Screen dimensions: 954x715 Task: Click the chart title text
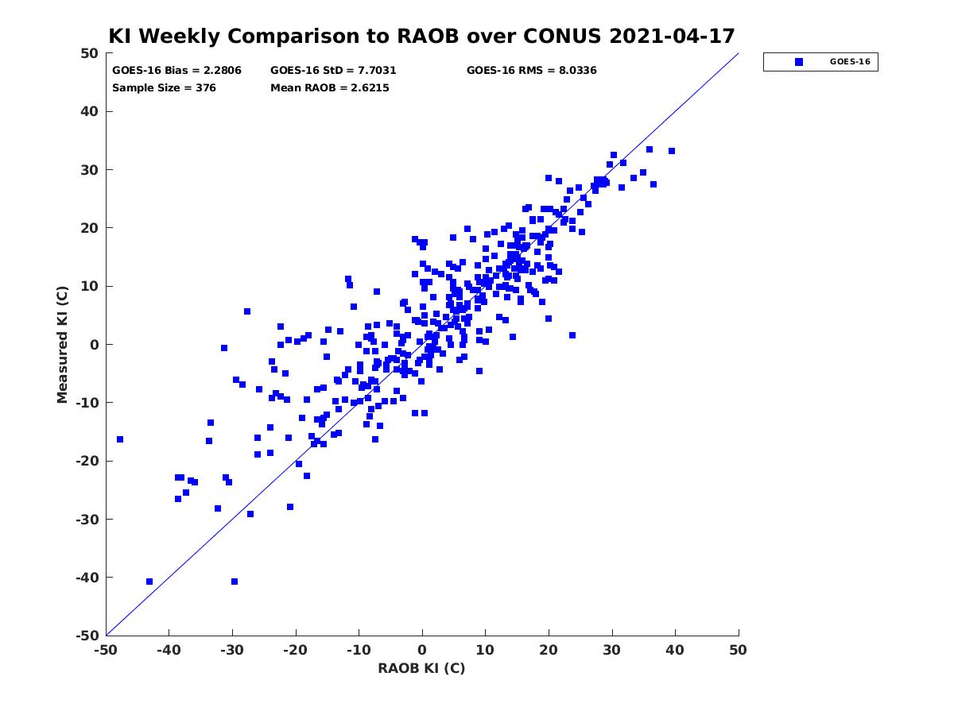(421, 36)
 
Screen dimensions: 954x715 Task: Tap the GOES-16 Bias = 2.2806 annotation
(176, 71)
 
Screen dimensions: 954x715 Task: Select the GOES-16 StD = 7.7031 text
(333, 71)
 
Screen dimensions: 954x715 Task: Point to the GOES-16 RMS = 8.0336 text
(531, 71)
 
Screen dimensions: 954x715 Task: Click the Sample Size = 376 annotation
(164, 87)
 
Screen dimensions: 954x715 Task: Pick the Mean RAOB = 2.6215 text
(329, 87)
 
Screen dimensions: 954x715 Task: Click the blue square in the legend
(799, 62)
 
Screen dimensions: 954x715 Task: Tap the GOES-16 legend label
(850, 62)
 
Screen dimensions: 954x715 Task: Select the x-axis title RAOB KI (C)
(421, 668)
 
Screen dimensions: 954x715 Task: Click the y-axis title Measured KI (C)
(62, 344)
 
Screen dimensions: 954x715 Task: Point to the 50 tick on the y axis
(90, 53)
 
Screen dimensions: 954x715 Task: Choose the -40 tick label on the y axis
(87, 578)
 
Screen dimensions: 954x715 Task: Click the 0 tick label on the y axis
(95, 345)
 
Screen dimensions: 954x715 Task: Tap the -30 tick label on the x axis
(232, 650)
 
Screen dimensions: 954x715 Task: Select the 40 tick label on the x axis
(674, 650)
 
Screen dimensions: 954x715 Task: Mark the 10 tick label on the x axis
(485, 650)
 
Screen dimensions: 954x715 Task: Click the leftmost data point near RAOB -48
(120, 439)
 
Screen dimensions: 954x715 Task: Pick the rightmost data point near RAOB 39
(672, 151)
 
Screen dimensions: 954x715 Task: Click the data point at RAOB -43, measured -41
(149, 582)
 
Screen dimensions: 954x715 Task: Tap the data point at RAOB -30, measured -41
(235, 582)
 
